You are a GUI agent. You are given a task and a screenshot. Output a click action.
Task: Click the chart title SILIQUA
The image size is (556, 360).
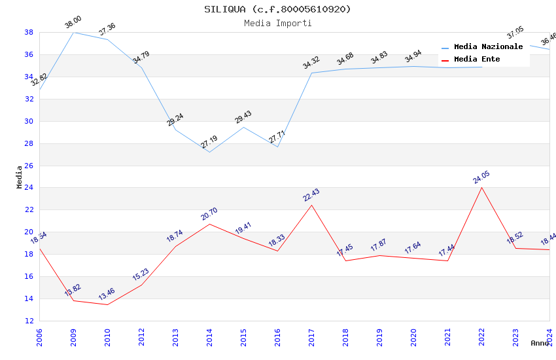click(x=277, y=9)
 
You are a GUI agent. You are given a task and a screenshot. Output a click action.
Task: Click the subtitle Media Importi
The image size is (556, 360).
click(x=277, y=23)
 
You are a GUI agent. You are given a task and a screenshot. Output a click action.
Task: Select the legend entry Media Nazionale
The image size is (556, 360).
click(x=488, y=46)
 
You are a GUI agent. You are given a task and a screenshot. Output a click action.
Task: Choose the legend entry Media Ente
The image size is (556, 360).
click(x=477, y=59)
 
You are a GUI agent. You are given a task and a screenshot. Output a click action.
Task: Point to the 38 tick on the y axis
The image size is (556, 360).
click(x=29, y=32)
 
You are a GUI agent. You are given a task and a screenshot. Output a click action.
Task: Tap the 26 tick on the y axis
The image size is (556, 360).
click(x=29, y=166)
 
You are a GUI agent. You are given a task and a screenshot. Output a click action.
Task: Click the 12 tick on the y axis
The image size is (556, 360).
click(x=29, y=321)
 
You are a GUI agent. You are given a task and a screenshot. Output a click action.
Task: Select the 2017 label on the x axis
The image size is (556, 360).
click(x=311, y=338)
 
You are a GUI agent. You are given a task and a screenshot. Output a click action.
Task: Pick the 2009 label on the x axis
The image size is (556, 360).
click(x=73, y=338)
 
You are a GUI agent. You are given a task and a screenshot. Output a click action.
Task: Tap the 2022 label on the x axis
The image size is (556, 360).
click(x=481, y=338)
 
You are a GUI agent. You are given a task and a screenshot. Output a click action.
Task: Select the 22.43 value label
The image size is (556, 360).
click(x=311, y=195)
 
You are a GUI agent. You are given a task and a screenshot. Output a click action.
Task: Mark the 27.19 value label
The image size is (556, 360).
click(x=209, y=142)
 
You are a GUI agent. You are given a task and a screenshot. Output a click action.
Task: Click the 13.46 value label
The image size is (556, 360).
click(x=107, y=295)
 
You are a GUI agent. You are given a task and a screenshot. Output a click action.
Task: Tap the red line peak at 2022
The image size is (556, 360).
click(x=481, y=187)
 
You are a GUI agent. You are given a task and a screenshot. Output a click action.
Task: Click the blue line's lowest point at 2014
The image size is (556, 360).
click(x=209, y=152)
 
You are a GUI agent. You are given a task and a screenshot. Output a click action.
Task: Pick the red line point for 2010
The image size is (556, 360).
click(x=107, y=304)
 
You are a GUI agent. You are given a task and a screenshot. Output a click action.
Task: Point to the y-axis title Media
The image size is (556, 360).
click(x=20, y=177)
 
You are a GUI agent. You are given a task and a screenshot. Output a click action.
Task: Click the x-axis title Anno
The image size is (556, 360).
click(x=540, y=343)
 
